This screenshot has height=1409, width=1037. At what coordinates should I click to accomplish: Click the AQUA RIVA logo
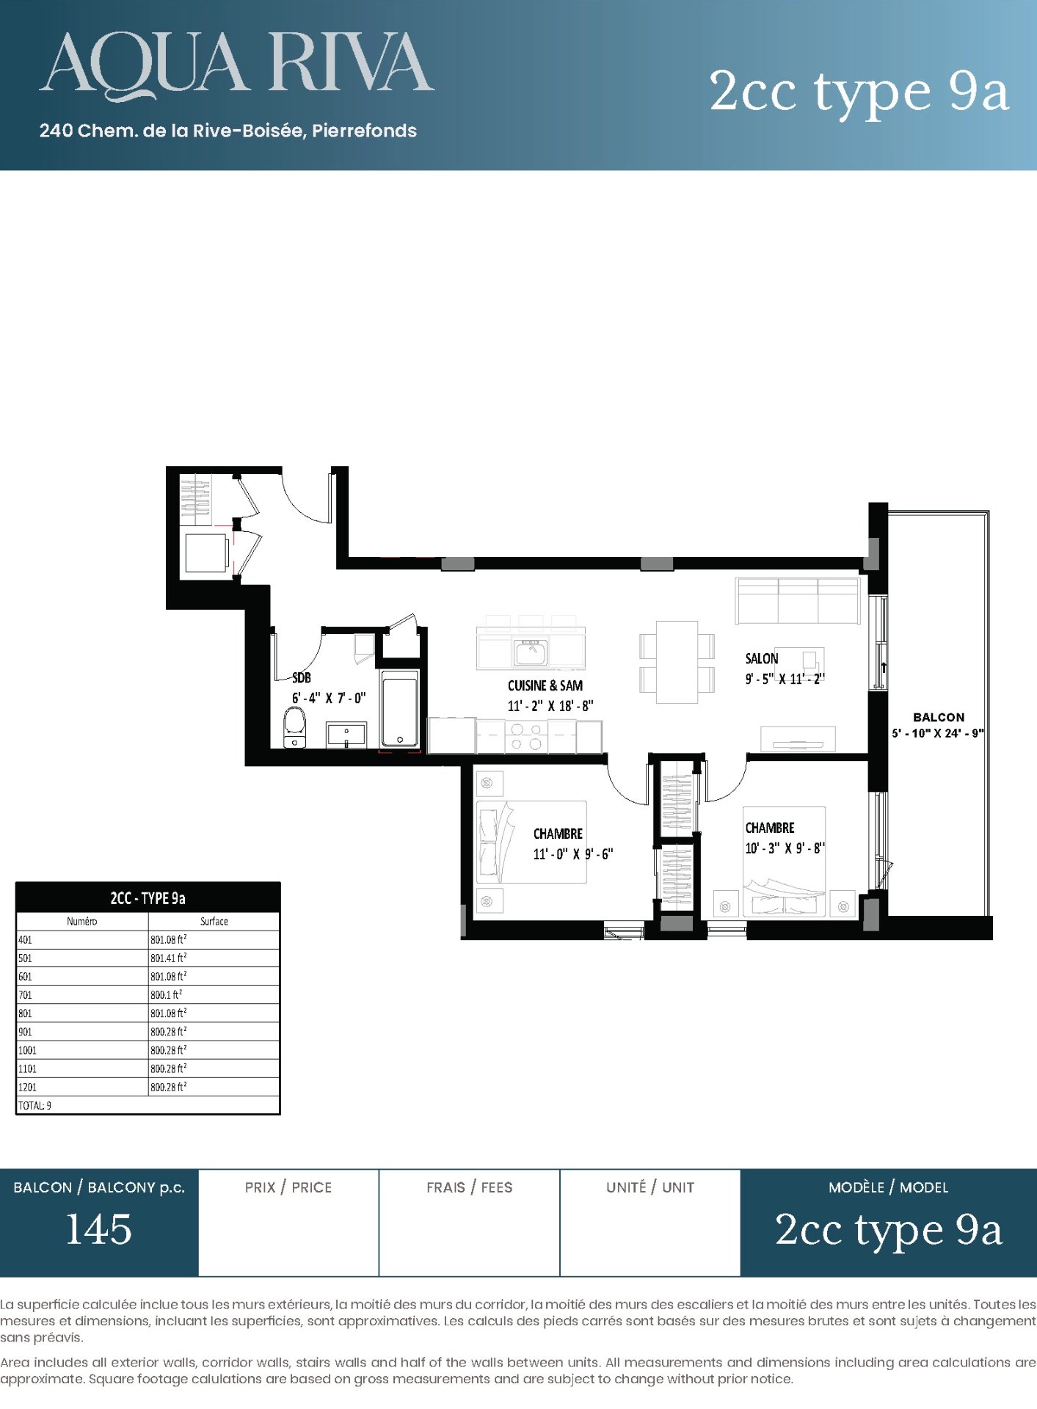[236, 66]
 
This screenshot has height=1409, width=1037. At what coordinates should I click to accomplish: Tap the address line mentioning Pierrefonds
[228, 131]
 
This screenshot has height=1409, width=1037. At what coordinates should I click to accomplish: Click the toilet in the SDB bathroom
[294, 727]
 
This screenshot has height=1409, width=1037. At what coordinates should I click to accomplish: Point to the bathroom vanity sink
[346, 735]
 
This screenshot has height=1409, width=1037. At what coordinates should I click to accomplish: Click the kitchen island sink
[531, 652]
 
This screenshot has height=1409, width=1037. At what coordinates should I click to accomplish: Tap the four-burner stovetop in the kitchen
[526, 737]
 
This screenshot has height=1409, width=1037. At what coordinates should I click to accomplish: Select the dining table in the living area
[677, 662]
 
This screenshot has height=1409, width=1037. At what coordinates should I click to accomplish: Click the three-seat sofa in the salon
[798, 600]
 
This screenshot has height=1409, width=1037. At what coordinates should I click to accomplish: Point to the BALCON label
[939, 717]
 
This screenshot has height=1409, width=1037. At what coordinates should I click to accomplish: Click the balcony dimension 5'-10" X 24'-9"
[937, 733]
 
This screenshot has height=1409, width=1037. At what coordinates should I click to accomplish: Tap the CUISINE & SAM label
[545, 685]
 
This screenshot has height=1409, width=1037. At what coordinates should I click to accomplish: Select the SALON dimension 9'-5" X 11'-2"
[785, 679]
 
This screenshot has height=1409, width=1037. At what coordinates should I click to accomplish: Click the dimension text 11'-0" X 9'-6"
[572, 854]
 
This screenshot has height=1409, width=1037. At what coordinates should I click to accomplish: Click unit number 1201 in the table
[27, 1087]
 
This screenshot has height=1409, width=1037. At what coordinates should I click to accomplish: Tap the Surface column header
[214, 921]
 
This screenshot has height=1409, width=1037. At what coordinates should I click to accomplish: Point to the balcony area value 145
[99, 1230]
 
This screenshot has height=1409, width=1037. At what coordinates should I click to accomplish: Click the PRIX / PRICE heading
[288, 1187]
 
